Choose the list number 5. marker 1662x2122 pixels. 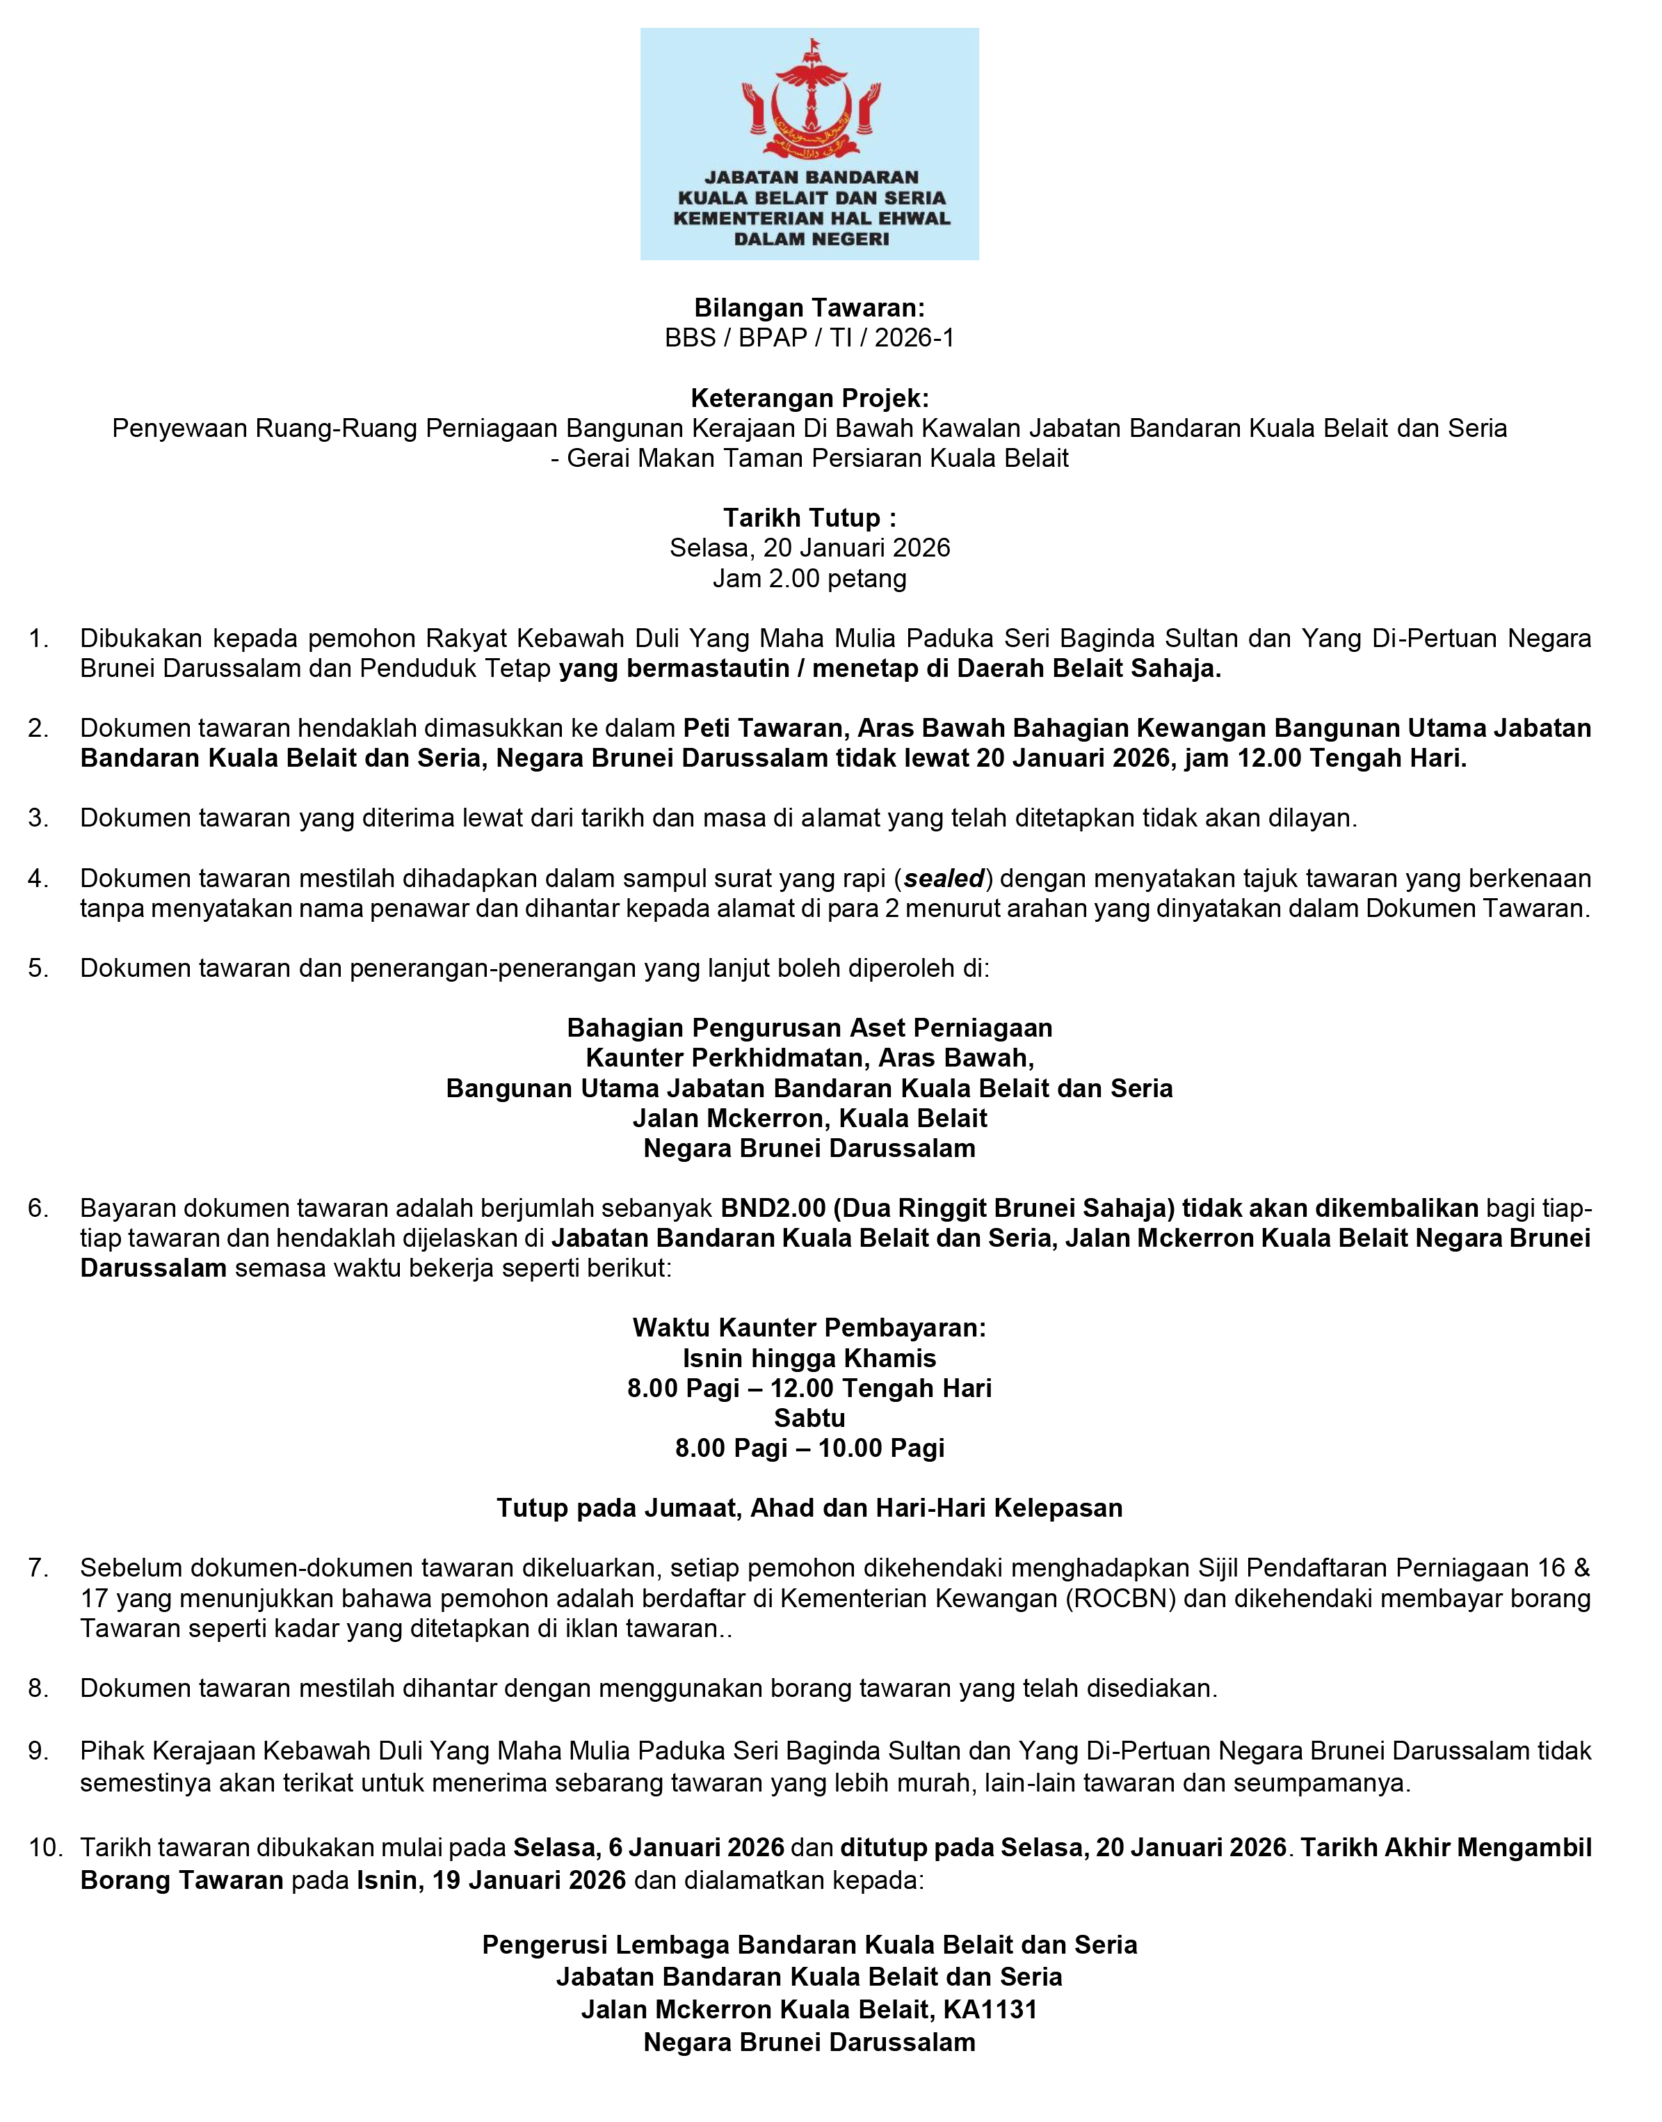point(39,968)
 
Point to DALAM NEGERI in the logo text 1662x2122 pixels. point(811,239)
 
